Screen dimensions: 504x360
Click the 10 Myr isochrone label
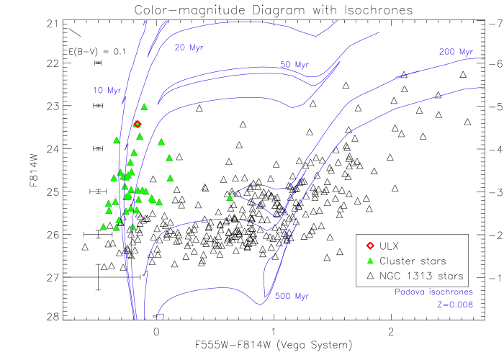[107, 91]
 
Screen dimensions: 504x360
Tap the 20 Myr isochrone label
[189, 48]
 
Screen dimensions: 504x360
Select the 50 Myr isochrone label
[294, 65]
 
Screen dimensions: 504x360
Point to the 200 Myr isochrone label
[456, 52]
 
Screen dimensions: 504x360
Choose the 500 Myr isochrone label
[291, 296]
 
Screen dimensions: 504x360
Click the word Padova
[410, 292]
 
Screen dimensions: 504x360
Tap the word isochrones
[451, 292]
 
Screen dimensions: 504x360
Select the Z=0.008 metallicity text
[455, 305]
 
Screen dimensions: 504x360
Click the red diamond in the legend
[370, 246]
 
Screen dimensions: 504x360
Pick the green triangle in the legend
[370, 261]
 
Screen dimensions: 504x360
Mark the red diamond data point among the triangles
[138, 124]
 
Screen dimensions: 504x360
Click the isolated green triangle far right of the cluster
[230, 197]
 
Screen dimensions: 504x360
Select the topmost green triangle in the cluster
[144, 107]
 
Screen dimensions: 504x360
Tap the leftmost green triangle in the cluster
[103, 227]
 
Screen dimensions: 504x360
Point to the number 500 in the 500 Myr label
[282, 296]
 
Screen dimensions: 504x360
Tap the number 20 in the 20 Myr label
[180, 48]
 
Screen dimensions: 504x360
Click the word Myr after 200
[465, 52]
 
